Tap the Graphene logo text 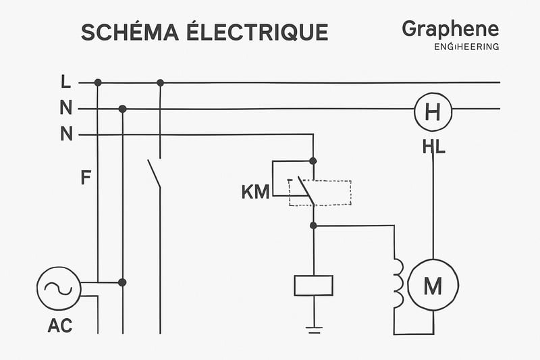click(x=450, y=29)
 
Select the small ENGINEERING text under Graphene click(x=466, y=47)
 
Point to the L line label click(x=65, y=82)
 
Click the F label click(x=86, y=178)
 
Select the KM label click(x=255, y=192)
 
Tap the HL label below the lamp click(x=433, y=146)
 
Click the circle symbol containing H click(x=432, y=111)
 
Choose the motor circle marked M click(x=432, y=286)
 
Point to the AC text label click(x=60, y=326)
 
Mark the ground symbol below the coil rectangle click(x=314, y=329)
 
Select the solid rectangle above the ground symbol click(x=314, y=285)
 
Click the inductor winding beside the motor click(x=399, y=283)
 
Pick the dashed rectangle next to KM click(x=321, y=192)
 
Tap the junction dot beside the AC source click(x=122, y=282)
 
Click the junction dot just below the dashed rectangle click(x=313, y=226)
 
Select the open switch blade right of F click(x=155, y=174)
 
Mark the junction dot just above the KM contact click(x=313, y=161)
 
